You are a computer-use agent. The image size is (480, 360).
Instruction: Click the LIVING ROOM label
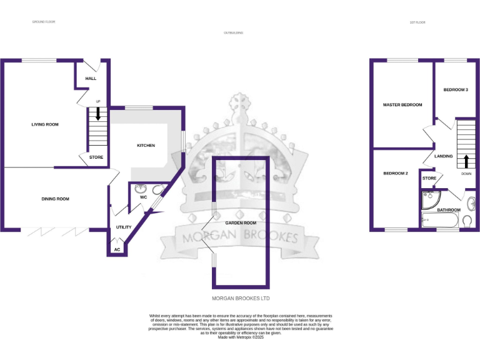45,124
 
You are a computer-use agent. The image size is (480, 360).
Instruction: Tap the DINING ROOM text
55,199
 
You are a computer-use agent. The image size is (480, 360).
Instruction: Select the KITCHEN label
146,146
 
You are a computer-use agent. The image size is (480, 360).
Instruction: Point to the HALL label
91,79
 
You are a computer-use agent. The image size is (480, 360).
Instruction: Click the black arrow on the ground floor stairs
97,114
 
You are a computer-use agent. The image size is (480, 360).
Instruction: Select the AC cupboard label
117,249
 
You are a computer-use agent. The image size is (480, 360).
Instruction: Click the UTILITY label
124,227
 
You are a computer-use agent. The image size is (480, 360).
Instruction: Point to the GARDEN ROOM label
241,222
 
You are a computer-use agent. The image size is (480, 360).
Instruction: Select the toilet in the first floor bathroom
467,221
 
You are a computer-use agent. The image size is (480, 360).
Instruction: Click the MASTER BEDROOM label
402,105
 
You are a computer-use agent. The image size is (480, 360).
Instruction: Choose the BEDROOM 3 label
456,90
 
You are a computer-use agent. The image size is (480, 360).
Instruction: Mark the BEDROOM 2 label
396,173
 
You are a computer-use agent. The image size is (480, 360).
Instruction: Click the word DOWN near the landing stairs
466,174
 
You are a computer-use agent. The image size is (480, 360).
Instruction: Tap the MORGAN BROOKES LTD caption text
241,299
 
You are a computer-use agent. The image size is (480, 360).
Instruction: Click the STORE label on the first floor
429,178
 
